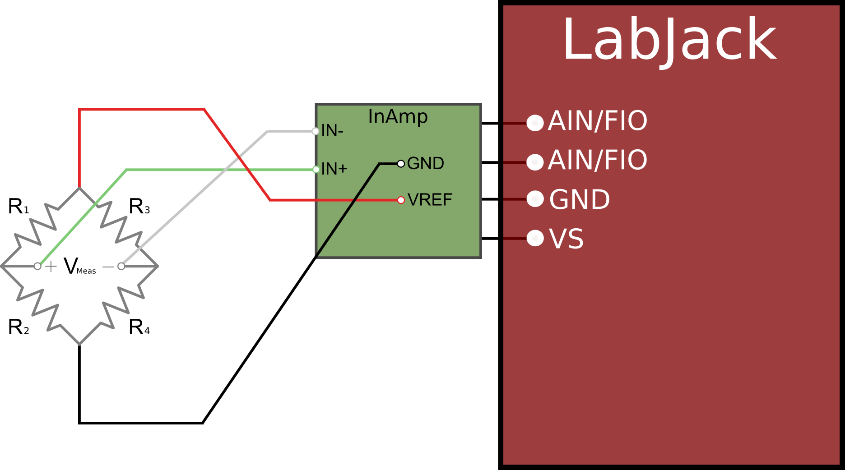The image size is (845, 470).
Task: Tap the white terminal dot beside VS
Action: click(x=535, y=238)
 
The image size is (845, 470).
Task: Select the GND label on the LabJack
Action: click(x=580, y=199)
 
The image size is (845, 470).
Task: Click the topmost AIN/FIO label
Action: click(x=598, y=121)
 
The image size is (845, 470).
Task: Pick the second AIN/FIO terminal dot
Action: click(x=535, y=162)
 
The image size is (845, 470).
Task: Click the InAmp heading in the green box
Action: click(x=398, y=117)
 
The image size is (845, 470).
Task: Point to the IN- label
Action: click(x=332, y=131)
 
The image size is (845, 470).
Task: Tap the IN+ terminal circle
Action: click(x=316, y=170)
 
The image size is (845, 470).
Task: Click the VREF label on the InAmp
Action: click(x=430, y=200)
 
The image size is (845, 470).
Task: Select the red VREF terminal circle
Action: click(x=401, y=200)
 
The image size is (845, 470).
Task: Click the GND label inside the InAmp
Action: click(x=425, y=163)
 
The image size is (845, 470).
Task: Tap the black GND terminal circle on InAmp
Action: click(x=401, y=163)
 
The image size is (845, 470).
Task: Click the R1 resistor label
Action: click(x=18, y=207)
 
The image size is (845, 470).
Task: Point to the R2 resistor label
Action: click(x=18, y=327)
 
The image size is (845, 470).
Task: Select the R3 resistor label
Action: click(x=139, y=207)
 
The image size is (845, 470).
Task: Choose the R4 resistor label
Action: click(x=139, y=327)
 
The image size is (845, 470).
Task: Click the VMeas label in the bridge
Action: click(x=79, y=266)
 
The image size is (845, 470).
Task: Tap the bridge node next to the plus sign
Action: click(x=37, y=266)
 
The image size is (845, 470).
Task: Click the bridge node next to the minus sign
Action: click(x=121, y=266)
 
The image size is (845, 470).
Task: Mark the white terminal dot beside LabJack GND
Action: click(x=535, y=198)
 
